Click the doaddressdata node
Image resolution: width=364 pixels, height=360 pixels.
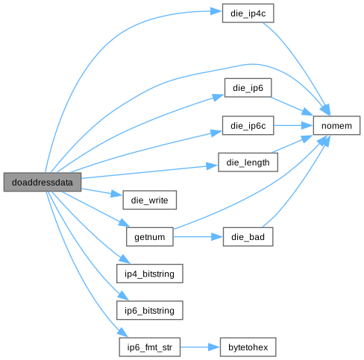pyautogui.click(x=43, y=182)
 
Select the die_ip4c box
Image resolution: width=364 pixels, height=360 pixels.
pyautogui.click(x=248, y=13)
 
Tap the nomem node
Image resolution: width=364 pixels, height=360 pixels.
pyautogui.click(x=336, y=125)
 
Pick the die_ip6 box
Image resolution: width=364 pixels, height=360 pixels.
pyautogui.click(x=248, y=88)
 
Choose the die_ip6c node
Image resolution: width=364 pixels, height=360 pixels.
pyautogui.click(x=248, y=125)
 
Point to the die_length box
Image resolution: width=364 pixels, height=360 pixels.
pyautogui.click(x=248, y=162)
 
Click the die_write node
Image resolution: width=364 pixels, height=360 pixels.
pyautogui.click(x=149, y=200)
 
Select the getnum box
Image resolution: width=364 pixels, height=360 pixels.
pyautogui.click(x=149, y=237)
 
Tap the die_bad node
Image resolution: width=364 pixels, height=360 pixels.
pyautogui.click(x=248, y=237)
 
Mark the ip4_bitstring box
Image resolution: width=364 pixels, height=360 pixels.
pyautogui.click(x=149, y=274)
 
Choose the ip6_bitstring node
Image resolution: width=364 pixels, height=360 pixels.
pyautogui.click(x=149, y=310)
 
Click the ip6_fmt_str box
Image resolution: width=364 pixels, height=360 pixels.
pyautogui.click(x=149, y=347)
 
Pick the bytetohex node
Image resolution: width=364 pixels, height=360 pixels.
pyautogui.click(x=248, y=347)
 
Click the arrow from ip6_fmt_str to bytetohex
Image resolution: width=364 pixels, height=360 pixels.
pyautogui.click(x=200, y=347)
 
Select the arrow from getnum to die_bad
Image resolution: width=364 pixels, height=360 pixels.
pyautogui.click(x=198, y=237)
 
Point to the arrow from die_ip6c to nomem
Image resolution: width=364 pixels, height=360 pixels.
pyautogui.click(x=293, y=125)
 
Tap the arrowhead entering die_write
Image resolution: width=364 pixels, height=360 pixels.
pyautogui.click(x=117, y=194)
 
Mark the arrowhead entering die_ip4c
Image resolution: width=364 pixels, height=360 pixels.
pyautogui.click(x=216, y=11)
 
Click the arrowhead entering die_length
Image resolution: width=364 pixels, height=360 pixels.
pyautogui.click(x=212, y=165)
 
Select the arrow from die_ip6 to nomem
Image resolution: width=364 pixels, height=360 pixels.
pyautogui.click(x=292, y=107)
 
